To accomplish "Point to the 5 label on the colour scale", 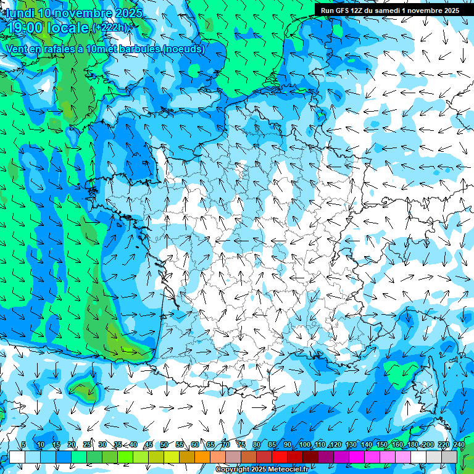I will point(23,444).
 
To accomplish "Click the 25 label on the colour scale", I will point(87,444).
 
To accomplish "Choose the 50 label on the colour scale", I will point(164,444).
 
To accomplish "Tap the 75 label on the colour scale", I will point(241,444).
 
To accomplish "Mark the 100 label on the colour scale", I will point(305,444).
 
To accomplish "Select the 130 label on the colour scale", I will point(351,444).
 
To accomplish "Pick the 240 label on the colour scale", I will point(459,444).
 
